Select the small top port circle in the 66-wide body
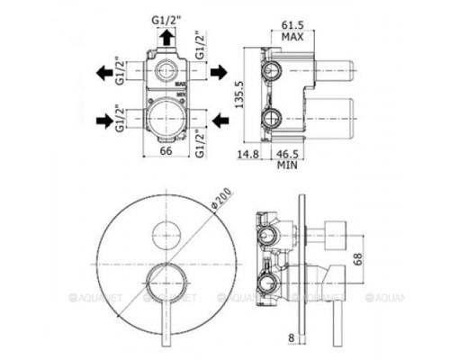pos(164,71)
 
